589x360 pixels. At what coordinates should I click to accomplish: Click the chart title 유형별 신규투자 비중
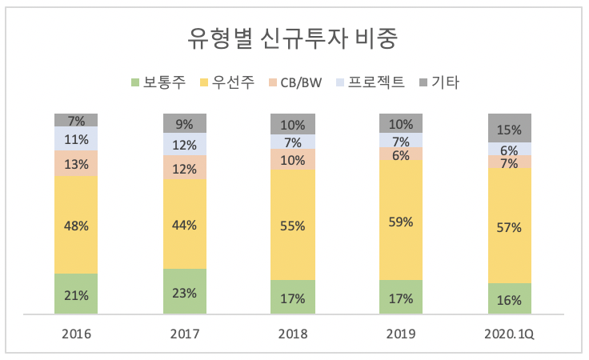tap(294, 38)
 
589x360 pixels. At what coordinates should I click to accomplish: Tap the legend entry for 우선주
tap(227, 83)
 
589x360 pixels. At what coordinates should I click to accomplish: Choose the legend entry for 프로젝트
tap(374, 83)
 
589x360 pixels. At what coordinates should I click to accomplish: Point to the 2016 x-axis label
tap(76, 331)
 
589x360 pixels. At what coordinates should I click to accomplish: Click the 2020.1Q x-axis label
tap(509, 331)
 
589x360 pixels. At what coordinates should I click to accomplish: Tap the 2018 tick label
tap(293, 331)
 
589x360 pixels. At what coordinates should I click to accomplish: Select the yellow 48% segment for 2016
tap(76, 225)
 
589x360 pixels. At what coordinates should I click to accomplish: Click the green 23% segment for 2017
tap(185, 291)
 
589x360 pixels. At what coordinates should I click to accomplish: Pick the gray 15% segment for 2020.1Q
tap(509, 128)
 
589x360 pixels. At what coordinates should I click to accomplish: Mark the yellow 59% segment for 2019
tap(401, 220)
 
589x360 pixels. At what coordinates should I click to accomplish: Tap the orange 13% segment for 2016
tap(76, 163)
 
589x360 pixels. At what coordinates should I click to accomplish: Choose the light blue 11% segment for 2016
tap(76, 138)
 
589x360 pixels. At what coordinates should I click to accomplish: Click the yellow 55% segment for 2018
tap(293, 225)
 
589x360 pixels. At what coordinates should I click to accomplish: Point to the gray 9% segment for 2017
tap(185, 123)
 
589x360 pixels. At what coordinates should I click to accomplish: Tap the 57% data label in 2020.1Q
tap(509, 227)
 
